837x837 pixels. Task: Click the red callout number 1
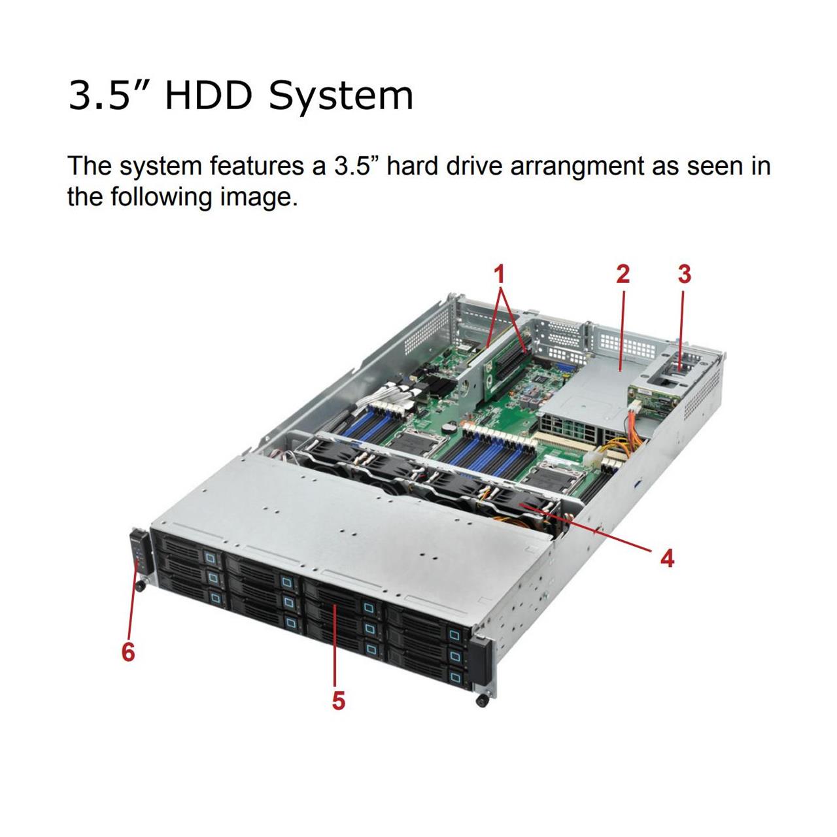(500, 273)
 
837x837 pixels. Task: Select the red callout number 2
(623, 273)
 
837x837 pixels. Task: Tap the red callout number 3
(684, 273)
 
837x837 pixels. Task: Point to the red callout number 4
(667, 558)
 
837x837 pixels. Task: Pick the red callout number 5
(338, 700)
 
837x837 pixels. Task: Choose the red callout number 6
(128, 651)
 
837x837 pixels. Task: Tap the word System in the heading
(341, 95)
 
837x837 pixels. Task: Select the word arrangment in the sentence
(577, 166)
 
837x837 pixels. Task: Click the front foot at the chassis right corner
(482, 702)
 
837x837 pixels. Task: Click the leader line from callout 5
(335, 647)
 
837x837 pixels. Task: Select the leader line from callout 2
(622, 327)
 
